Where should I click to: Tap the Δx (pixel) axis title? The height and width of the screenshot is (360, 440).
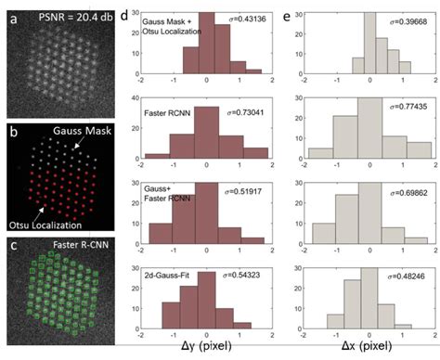(x=364, y=349)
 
